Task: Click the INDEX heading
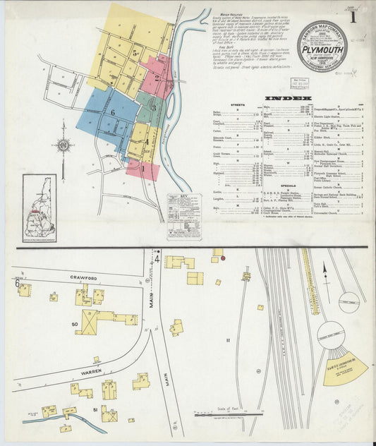(x=290, y=98)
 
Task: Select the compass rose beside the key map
(x=63, y=146)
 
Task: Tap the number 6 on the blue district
(x=111, y=113)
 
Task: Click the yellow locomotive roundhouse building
(x=344, y=367)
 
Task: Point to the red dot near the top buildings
(x=224, y=259)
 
